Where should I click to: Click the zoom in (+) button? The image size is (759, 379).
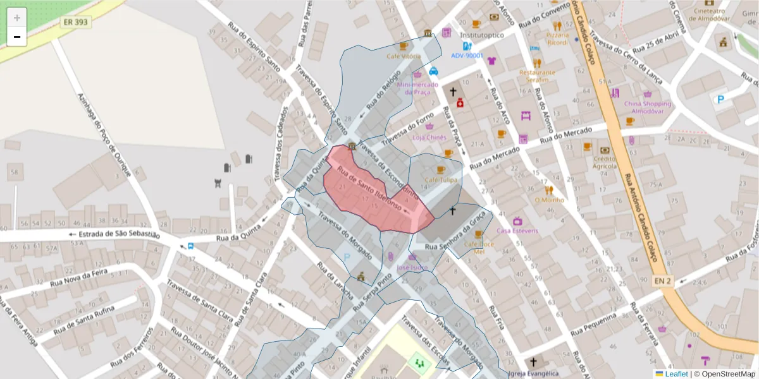[17, 17]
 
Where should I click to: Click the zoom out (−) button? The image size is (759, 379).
[17, 37]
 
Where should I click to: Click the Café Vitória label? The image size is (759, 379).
[404, 56]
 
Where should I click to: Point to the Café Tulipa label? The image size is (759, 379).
[441, 180]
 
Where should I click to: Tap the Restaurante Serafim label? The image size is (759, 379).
[537, 76]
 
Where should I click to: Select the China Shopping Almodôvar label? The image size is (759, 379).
[647, 107]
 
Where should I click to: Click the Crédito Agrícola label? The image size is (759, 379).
[605, 162]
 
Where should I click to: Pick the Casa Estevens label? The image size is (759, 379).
[517, 231]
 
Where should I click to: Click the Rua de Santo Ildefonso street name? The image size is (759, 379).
[370, 188]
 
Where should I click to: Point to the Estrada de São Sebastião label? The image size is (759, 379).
[114, 234]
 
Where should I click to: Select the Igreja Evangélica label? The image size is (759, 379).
[533, 373]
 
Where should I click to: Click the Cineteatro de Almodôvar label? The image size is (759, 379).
[709, 15]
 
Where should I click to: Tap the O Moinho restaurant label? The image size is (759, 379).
[548, 200]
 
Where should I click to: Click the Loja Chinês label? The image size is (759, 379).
[429, 137]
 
